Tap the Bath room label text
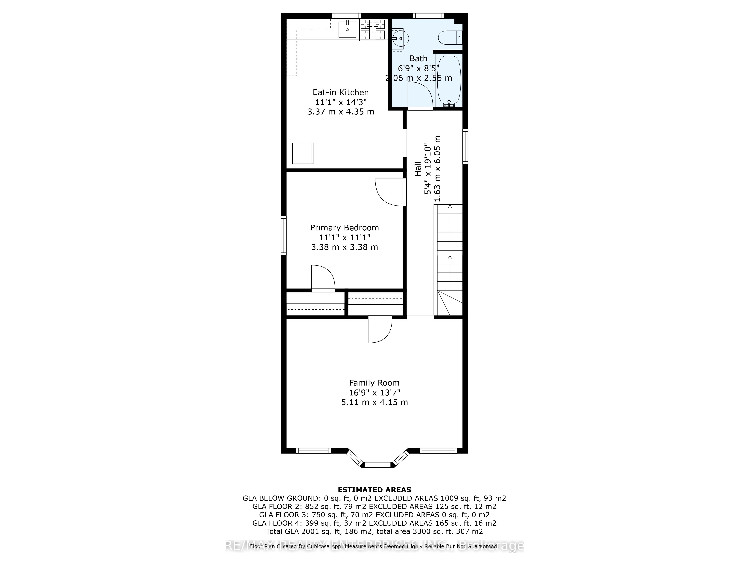(419, 58)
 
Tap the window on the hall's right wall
(465, 146)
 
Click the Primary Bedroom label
(344, 228)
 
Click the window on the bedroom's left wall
(284, 235)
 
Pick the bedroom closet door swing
(323, 278)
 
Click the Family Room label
(374, 383)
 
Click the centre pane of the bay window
(378, 464)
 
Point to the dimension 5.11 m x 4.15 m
(374, 402)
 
